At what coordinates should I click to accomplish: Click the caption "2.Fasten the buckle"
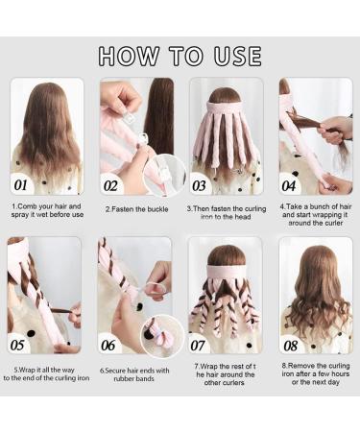[x=135, y=207]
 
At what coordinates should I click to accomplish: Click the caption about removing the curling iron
[x=315, y=374]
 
